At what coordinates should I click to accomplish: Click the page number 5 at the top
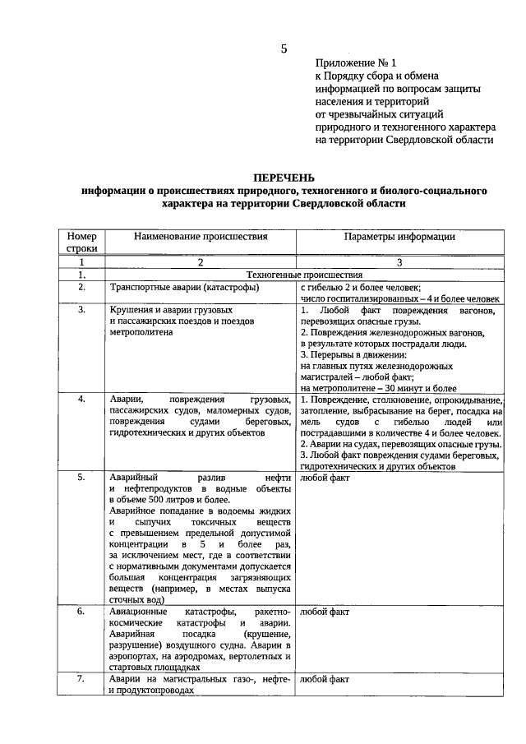pyautogui.click(x=284, y=48)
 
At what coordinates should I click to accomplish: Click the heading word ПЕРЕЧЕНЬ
pyautogui.click(x=284, y=178)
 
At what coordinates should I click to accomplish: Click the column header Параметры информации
pyautogui.click(x=399, y=236)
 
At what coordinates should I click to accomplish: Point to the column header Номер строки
pyautogui.click(x=81, y=242)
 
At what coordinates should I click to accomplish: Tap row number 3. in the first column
pyautogui.click(x=82, y=311)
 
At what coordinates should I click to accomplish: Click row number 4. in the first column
pyautogui.click(x=82, y=399)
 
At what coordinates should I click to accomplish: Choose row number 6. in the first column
pyautogui.click(x=82, y=612)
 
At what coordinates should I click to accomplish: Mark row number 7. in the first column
pyautogui.click(x=82, y=679)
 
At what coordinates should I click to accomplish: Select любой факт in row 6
pyautogui.click(x=325, y=612)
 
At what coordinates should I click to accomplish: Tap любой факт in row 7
pyautogui.click(x=325, y=679)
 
